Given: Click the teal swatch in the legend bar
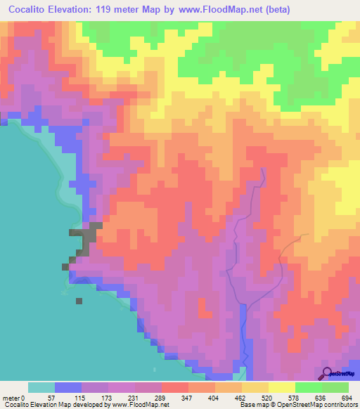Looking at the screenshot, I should point(41,387).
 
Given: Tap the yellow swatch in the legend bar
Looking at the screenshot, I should point(281,387).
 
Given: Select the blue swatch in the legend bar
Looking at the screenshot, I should point(68,387).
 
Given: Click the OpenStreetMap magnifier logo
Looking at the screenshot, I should point(327,372).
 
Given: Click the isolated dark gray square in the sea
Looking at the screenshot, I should point(79,300).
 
